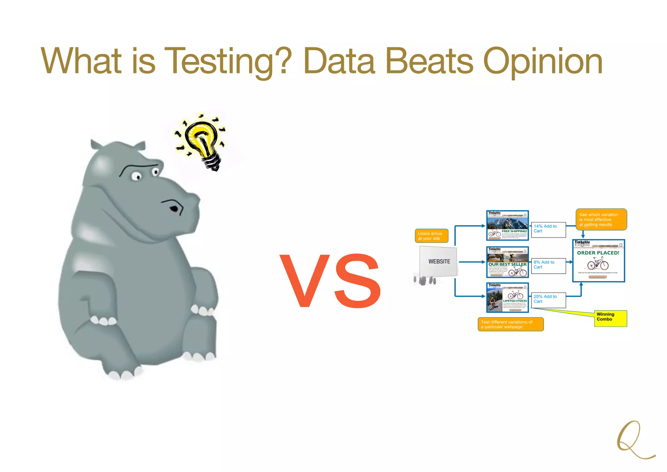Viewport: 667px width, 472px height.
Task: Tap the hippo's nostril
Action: click(x=174, y=208)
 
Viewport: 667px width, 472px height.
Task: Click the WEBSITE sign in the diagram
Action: click(x=439, y=262)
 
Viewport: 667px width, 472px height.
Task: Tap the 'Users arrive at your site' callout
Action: click(x=431, y=236)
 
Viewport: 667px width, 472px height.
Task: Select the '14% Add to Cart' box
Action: click(x=549, y=230)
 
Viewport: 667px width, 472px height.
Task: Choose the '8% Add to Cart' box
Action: click(x=549, y=266)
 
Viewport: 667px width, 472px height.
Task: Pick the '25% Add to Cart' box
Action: click(x=549, y=300)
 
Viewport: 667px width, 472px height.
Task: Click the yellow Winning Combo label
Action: click(x=610, y=318)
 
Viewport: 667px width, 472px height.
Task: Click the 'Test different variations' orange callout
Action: click(x=510, y=324)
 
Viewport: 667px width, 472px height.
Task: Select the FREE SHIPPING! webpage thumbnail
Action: click(x=507, y=225)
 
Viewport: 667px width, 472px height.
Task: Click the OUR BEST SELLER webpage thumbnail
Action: click(x=507, y=262)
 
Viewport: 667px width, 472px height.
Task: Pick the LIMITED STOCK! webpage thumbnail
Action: click(x=507, y=297)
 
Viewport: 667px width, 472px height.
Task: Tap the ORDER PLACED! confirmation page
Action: click(x=598, y=261)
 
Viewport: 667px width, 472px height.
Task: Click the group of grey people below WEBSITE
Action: click(x=424, y=281)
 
